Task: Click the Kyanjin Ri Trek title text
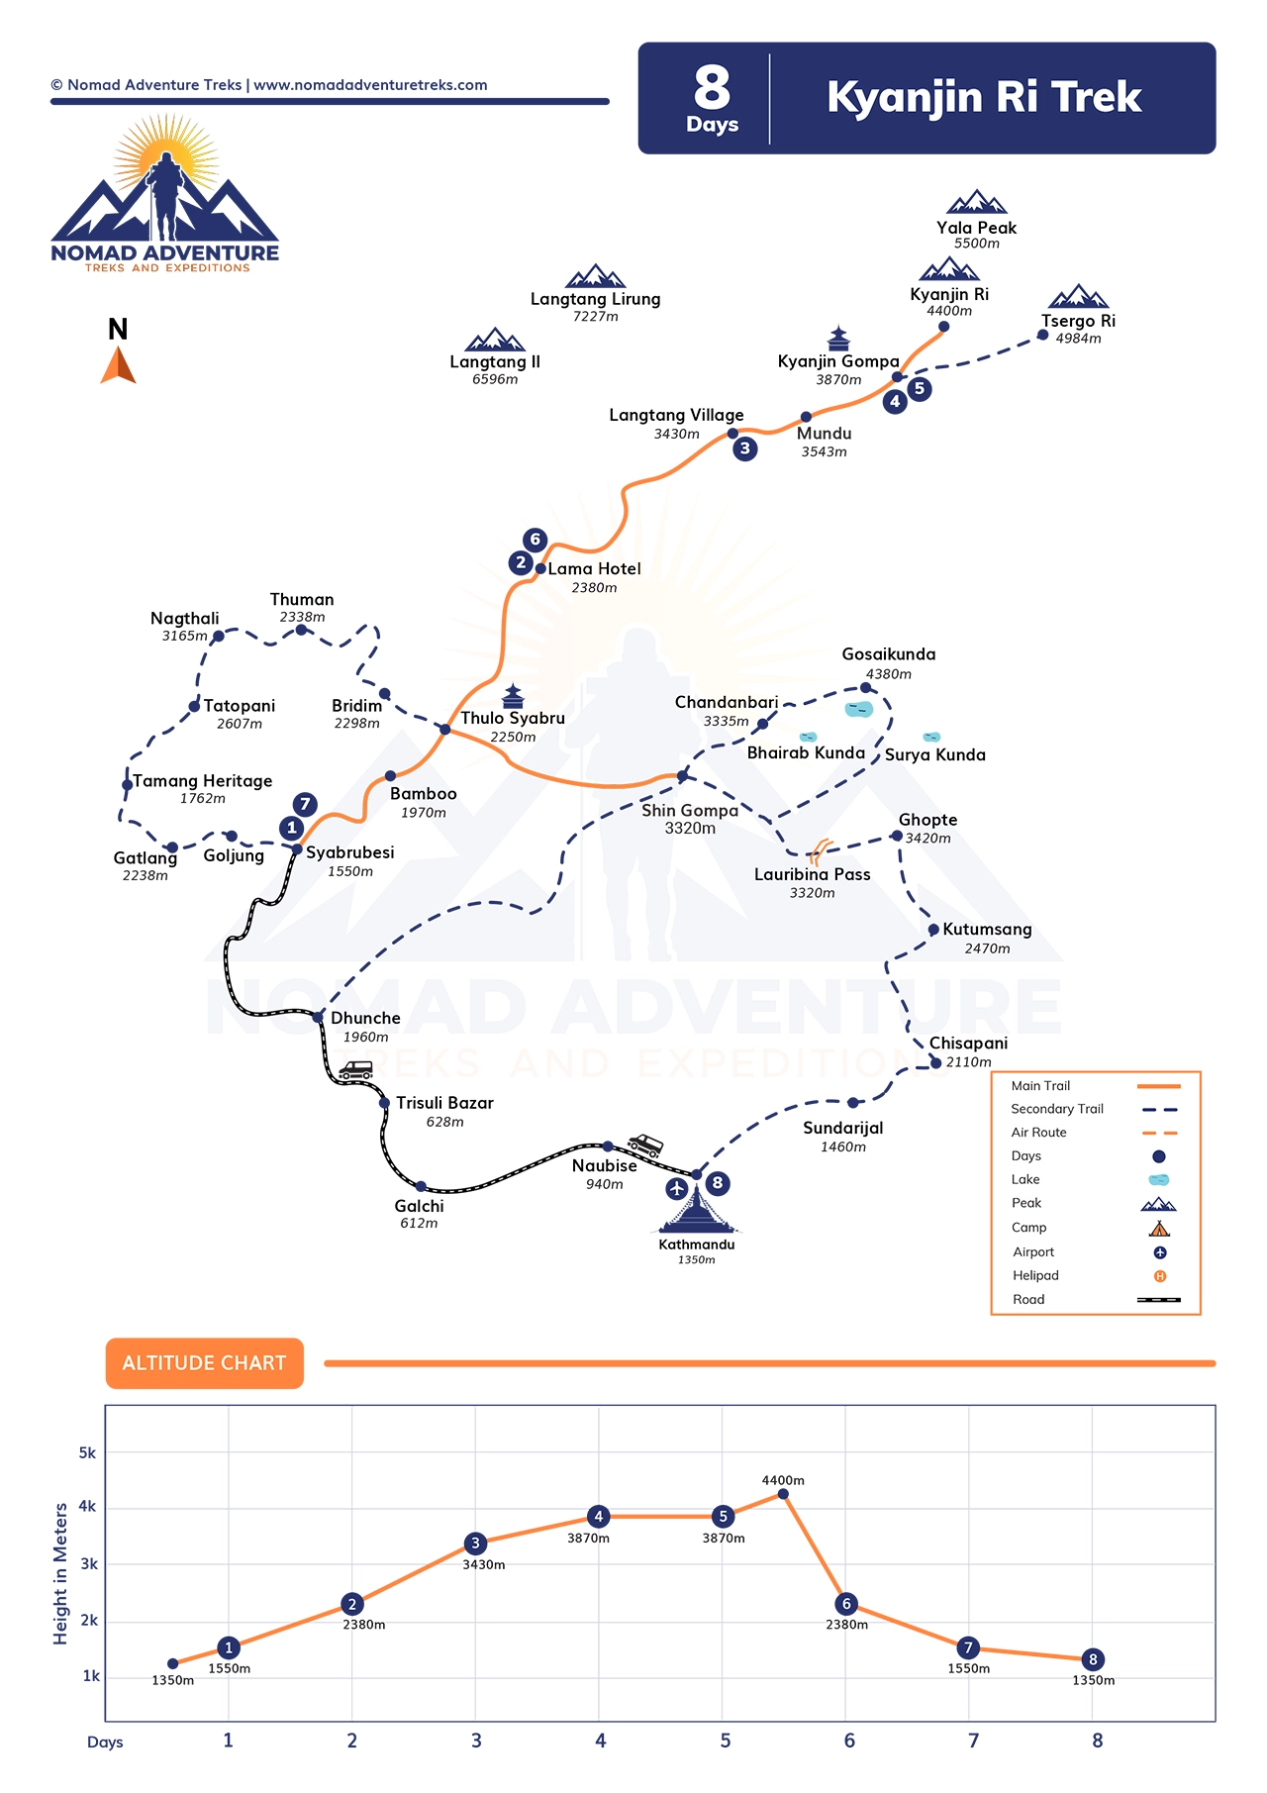coord(984,97)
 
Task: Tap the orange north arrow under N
coord(118,364)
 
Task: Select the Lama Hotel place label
coord(595,568)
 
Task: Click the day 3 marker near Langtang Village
coord(745,448)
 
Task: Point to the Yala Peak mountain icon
coord(977,202)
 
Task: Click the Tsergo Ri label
coord(1078,321)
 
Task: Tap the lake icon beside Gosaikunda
coord(859,709)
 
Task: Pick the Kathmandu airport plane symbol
coord(677,1188)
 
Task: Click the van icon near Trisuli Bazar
coord(355,1070)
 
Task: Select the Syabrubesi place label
coord(350,852)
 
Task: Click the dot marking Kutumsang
coord(933,930)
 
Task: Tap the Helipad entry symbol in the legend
coord(1160,1276)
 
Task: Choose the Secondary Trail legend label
coord(1057,1109)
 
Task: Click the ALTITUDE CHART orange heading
coord(205,1363)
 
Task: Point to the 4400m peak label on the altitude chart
coord(783,1480)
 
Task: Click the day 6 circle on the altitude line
coord(846,1604)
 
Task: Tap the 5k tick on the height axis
coord(88,1453)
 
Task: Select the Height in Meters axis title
coord(61,1574)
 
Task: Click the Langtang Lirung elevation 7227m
coord(596,317)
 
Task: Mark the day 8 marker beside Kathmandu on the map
coord(718,1183)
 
